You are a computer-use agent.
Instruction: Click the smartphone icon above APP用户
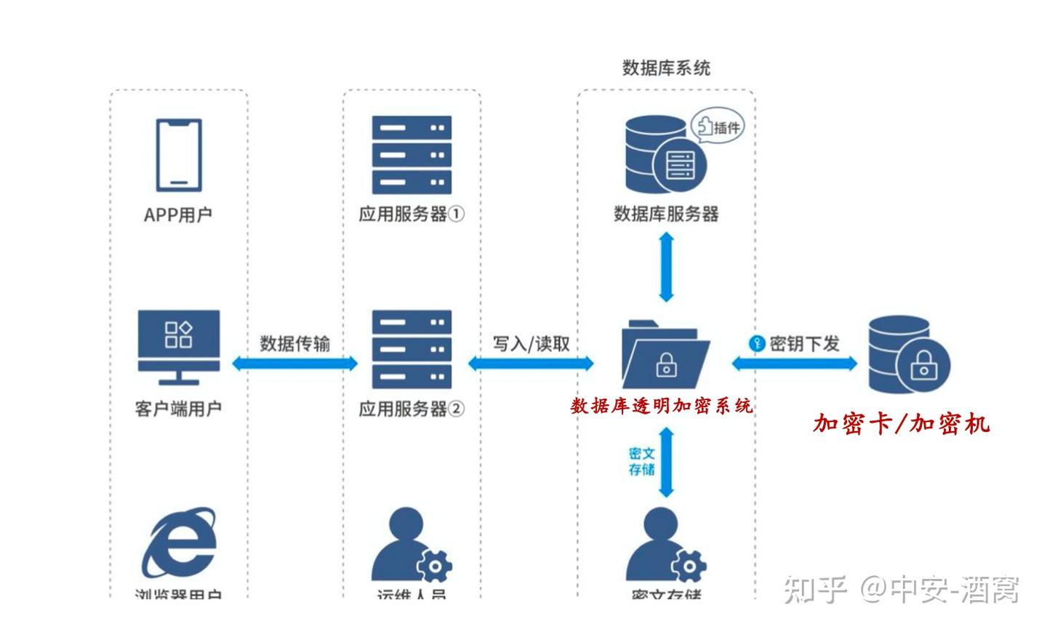[178, 155]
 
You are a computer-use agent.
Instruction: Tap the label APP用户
[178, 215]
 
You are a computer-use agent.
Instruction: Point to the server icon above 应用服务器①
[412, 154]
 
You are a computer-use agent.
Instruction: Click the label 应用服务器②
[412, 409]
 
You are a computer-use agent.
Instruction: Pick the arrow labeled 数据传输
[294, 363]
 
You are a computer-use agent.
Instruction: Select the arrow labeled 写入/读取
[531, 363]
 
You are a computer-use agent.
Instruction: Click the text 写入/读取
[531, 343]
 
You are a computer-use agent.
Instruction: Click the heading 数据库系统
[666, 68]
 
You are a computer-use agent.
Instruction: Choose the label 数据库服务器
[666, 214]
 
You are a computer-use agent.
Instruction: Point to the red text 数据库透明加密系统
[662, 406]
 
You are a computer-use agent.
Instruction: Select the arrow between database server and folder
[666, 267]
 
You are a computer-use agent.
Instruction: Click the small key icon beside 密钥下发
[757, 343]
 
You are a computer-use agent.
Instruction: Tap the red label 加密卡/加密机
[901, 423]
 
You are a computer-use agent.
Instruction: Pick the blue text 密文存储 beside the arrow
[641, 462]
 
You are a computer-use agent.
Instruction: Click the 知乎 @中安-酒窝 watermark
[902, 588]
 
